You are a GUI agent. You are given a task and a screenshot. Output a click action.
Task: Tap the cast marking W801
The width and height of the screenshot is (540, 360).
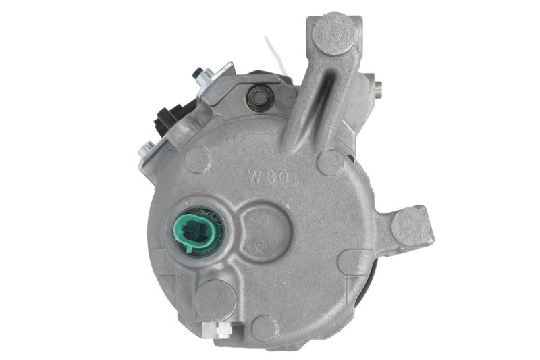273,178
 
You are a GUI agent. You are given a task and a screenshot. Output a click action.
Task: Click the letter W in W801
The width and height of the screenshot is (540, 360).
256,178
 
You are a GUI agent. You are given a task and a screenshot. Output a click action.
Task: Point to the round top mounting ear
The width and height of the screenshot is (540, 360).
334,34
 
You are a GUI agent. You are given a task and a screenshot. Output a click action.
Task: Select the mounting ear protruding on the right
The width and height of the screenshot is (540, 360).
411,227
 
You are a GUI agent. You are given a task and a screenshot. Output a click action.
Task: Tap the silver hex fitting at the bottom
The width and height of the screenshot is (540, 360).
217,329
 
